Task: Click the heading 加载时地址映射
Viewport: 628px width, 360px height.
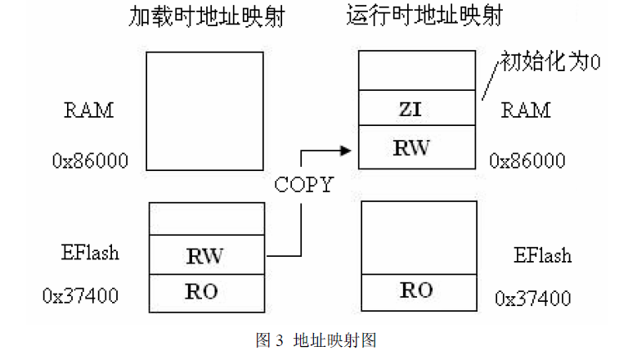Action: pyautogui.click(x=207, y=18)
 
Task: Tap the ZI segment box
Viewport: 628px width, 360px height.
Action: pyautogui.click(x=417, y=107)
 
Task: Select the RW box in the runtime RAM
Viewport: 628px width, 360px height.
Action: pyautogui.click(x=417, y=147)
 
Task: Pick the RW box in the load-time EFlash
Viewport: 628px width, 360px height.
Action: pyautogui.click(x=205, y=256)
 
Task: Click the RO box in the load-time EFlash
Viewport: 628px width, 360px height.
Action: pyautogui.click(x=205, y=291)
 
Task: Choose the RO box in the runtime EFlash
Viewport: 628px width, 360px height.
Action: pyautogui.click(x=417, y=291)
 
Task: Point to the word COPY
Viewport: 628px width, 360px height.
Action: pyautogui.click(x=303, y=185)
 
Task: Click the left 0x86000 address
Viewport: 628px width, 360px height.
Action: pyautogui.click(x=91, y=160)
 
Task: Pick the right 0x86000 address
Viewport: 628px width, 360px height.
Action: pyautogui.click(x=527, y=160)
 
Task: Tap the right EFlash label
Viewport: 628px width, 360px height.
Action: pyautogui.click(x=542, y=255)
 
